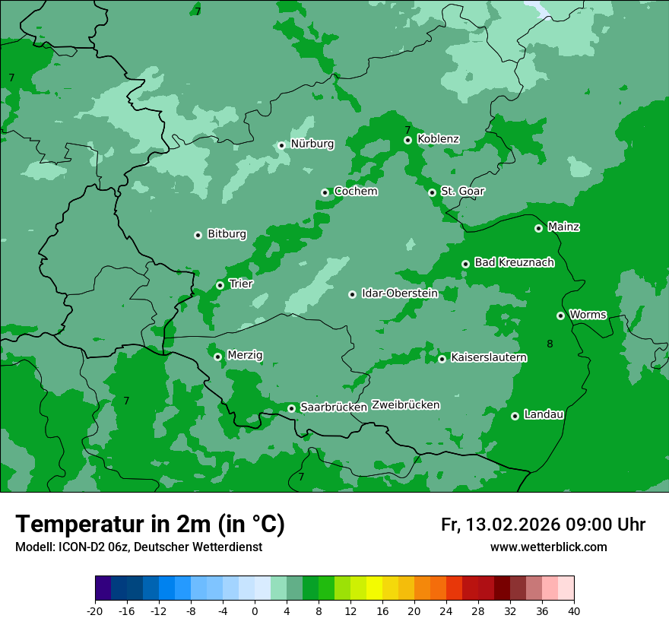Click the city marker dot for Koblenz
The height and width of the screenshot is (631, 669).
point(408,140)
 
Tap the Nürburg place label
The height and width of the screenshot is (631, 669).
point(312,144)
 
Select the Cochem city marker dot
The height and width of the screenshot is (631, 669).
point(325,192)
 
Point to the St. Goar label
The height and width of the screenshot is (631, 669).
point(462,191)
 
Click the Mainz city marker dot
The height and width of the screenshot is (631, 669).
point(538,228)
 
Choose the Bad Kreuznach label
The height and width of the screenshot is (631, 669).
point(514,262)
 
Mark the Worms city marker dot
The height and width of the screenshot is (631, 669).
point(561,315)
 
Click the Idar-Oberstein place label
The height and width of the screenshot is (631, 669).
point(399,293)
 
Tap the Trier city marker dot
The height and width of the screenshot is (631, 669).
point(220,285)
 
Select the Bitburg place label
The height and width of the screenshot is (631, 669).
point(227,234)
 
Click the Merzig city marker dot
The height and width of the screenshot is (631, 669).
point(218,357)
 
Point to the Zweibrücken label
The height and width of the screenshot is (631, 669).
point(405,405)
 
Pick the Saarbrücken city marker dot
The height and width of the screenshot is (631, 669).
point(291,408)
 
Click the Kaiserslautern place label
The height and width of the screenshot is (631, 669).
point(488,357)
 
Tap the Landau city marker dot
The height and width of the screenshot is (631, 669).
point(515,416)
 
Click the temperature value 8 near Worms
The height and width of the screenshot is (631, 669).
point(550,344)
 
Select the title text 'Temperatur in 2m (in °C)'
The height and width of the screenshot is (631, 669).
point(150,524)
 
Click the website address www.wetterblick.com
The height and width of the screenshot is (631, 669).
point(548,547)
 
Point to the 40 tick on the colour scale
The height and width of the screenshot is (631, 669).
point(574,611)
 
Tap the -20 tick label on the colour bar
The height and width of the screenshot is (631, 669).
point(95,611)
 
